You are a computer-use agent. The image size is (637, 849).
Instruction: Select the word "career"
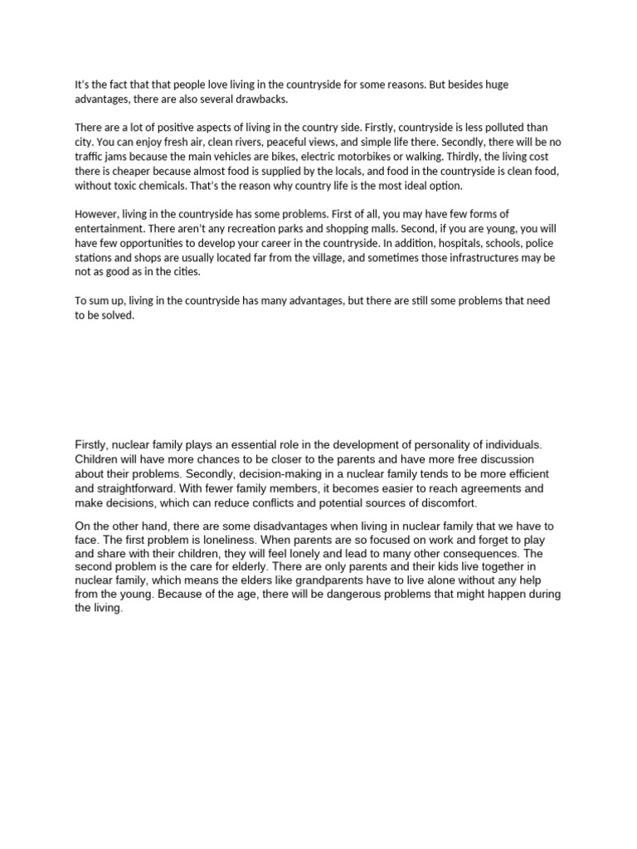click(x=281, y=243)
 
